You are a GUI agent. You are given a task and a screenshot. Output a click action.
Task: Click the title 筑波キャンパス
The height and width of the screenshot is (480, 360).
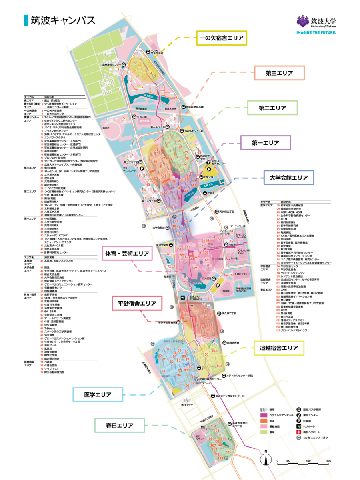coord(63,20)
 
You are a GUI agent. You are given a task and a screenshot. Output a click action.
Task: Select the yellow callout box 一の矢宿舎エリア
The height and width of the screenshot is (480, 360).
coord(221,38)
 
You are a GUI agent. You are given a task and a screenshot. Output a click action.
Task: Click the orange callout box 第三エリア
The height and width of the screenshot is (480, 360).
coord(279,73)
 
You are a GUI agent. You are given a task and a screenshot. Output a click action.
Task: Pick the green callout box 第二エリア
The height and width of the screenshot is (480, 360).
coord(272,108)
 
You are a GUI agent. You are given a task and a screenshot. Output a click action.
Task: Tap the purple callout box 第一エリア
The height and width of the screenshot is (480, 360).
coord(265,142)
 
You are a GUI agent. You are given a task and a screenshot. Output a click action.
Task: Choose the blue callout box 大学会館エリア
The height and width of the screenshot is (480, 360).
coord(288,177)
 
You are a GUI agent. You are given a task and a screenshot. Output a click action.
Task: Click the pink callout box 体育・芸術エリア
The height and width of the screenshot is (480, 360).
coord(127,254)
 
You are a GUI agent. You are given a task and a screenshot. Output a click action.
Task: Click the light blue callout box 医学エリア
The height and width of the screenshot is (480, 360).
coord(98,395)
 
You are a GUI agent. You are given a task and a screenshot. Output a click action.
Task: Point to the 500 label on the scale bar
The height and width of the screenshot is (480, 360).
coord(328,461)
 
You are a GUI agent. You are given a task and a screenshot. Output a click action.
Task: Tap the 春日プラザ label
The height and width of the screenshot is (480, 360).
coord(187,405)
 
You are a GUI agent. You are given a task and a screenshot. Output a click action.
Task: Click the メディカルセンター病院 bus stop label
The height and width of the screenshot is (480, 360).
coord(239,376)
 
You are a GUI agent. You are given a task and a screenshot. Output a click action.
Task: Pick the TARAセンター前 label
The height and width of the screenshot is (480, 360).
coord(194,131)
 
